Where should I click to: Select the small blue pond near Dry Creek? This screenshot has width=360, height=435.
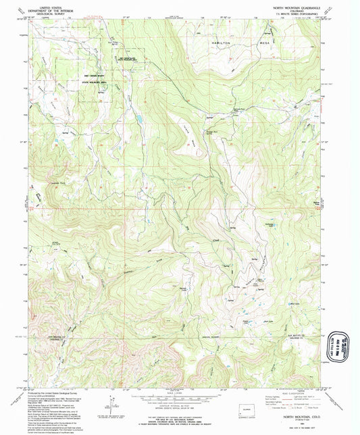pyautogui.click(x=138, y=120)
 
